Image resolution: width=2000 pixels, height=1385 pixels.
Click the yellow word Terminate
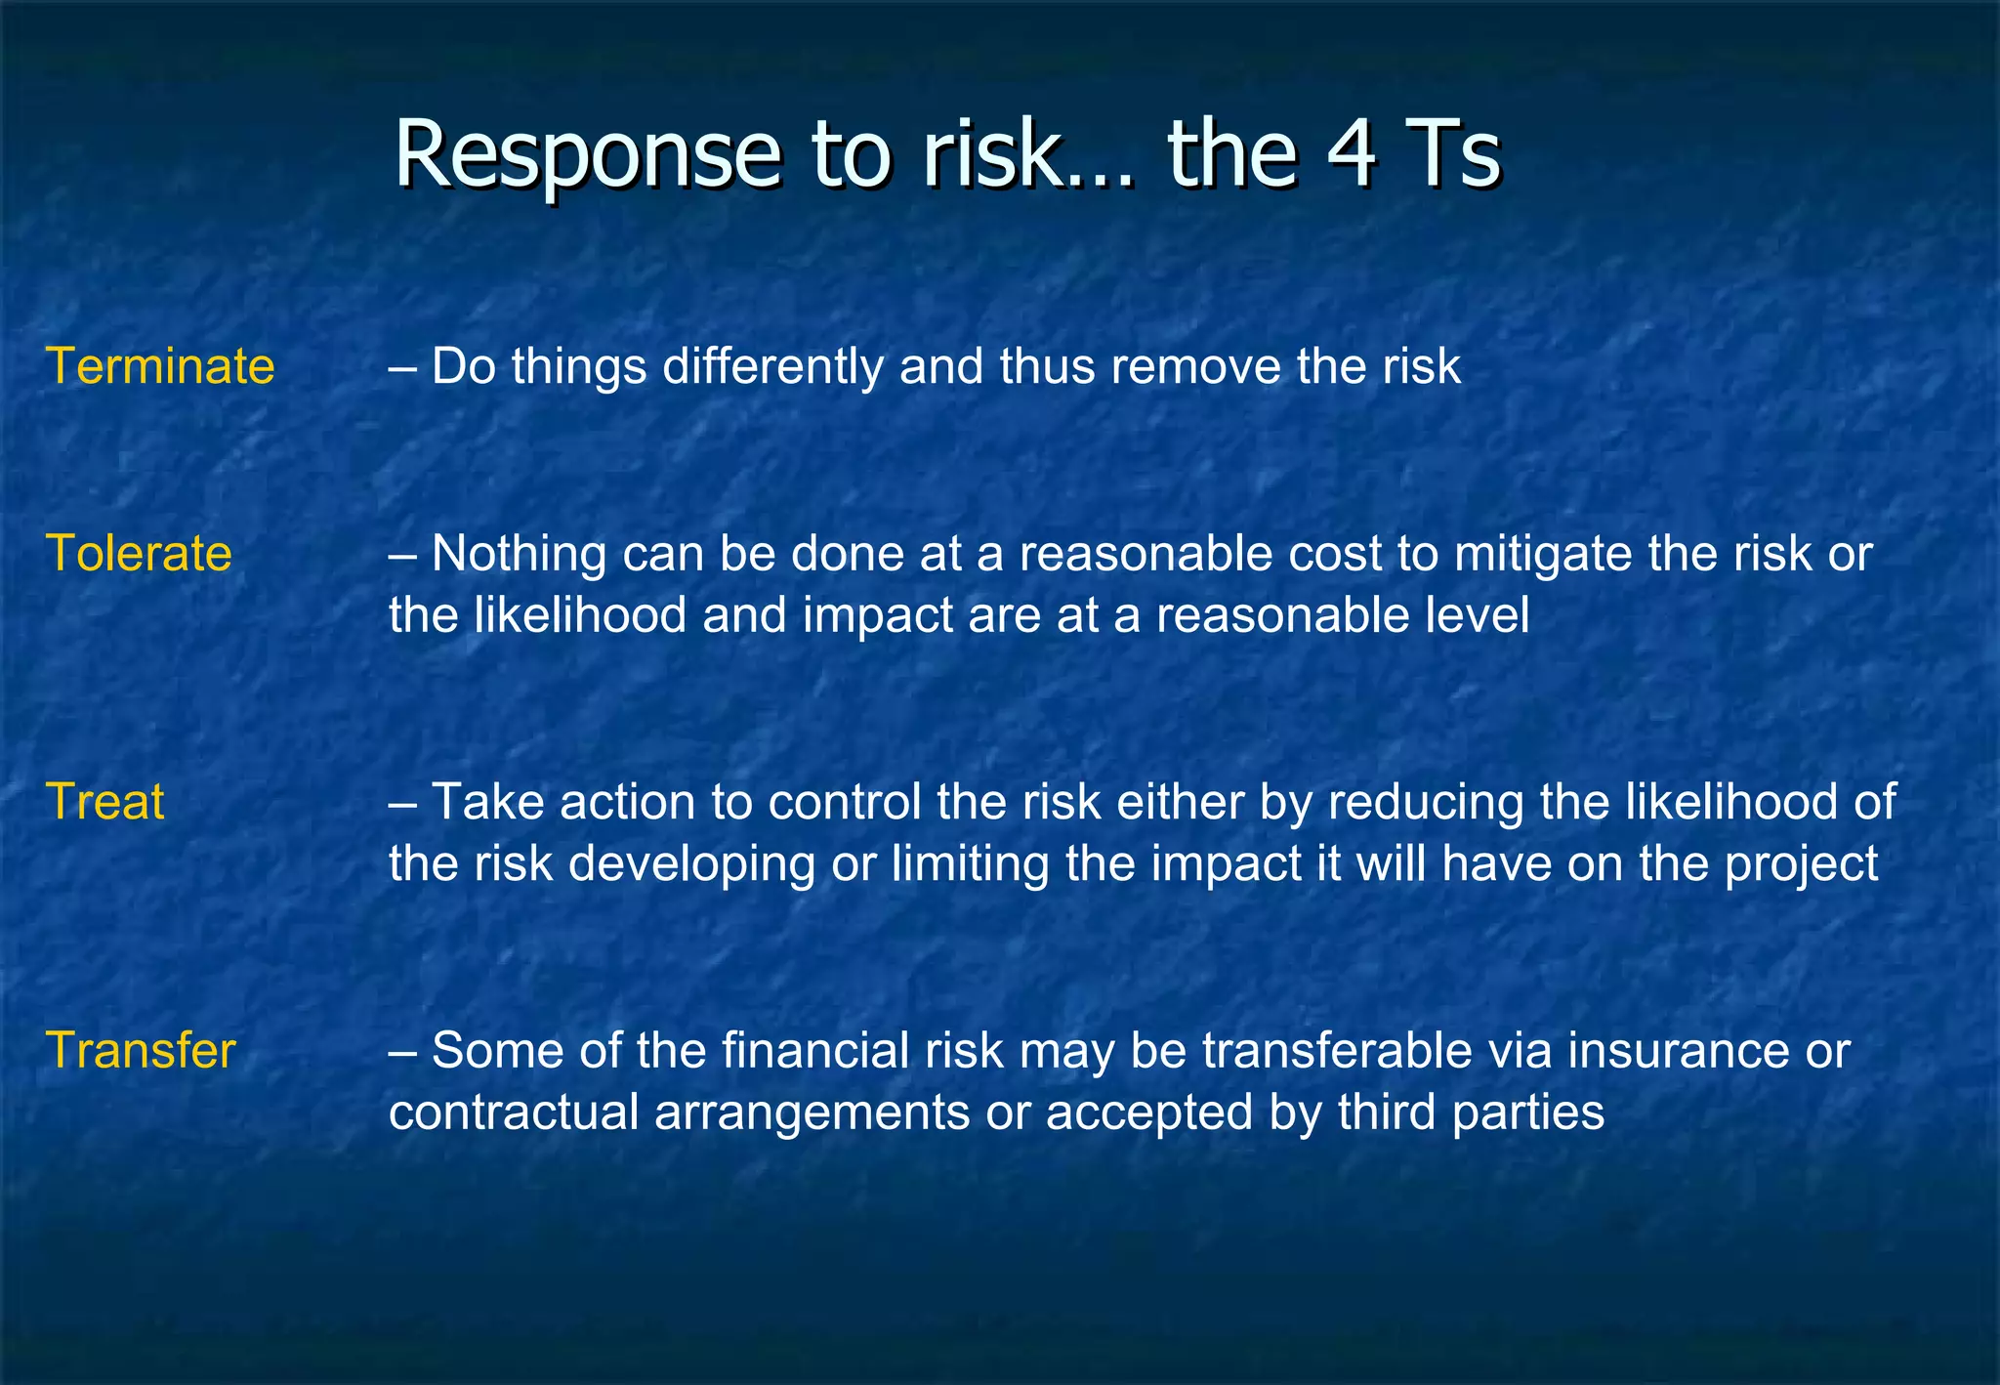click(x=160, y=367)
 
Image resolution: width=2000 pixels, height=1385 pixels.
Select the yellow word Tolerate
click(x=139, y=554)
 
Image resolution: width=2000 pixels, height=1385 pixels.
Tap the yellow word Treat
click(x=105, y=802)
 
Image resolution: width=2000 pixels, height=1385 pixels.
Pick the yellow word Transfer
click(x=141, y=1051)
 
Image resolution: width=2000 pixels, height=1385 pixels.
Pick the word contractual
click(x=514, y=1112)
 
